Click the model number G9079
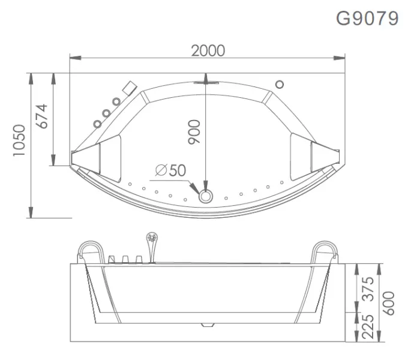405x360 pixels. (367, 19)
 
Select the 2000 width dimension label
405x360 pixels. (208, 50)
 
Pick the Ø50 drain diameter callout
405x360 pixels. (170, 170)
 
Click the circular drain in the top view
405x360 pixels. (206, 196)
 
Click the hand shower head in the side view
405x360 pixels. (152, 239)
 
